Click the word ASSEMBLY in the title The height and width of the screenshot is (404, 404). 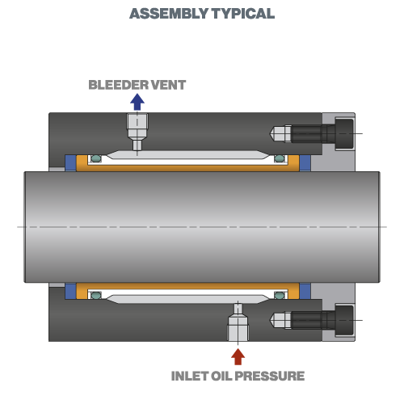[x=169, y=14]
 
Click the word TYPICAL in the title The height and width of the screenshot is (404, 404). [x=243, y=14]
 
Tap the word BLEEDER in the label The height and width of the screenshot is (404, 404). [x=118, y=85]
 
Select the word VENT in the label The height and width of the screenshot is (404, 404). [x=168, y=85]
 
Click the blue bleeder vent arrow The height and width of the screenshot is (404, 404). [x=137, y=102]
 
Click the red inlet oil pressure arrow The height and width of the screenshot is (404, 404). [x=238, y=356]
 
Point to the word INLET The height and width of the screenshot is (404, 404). [x=190, y=376]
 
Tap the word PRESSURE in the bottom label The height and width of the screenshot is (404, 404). [x=271, y=376]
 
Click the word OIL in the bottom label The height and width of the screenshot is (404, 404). [x=222, y=376]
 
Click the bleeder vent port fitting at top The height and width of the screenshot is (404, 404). [x=137, y=132]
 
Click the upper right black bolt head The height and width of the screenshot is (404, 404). [x=344, y=133]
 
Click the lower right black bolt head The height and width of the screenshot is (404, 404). [x=344, y=320]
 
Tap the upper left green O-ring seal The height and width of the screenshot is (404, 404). [x=96, y=158]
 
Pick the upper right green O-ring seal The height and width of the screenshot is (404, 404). [x=280, y=158]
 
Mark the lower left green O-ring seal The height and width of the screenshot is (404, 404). [x=96, y=296]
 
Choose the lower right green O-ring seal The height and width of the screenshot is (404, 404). [x=280, y=296]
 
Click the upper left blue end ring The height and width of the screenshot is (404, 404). [x=70, y=163]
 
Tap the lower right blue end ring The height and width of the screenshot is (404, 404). [x=305, y=291]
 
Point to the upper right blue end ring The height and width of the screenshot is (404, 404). [x=305, y=163]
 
